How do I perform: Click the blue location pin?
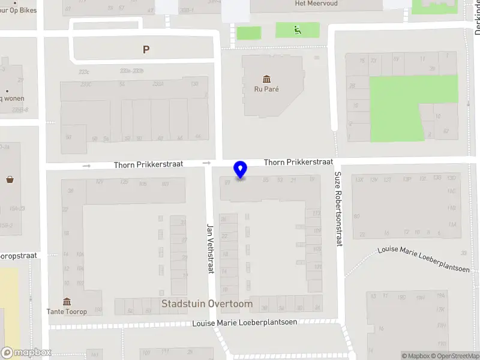pyautogui.click(x=241, y=170)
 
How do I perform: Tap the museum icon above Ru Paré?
pyautogui.click(x=266, y=79)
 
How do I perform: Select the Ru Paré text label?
pyautogui.click(x=266, y=89)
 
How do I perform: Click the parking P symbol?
pyautogui.click(x=146, y=50)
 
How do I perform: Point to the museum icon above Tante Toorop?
pyautogui.click(x=67, y=301)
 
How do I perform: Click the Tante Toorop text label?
pyautogui.click(x=67, y=311)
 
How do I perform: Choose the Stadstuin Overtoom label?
pyautogui.click(x=207, y=304)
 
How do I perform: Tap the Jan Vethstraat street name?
pyautogui.click(x=211, y=248)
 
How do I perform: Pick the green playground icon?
pyautogui.click(x=297, y=29)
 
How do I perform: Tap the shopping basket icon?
pyautogui.click(x=10, y=179)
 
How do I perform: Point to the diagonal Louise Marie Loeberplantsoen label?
pyautogui.click(x=424, y=259)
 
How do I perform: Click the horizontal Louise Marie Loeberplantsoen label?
pyautogui.click(x=245, y=323)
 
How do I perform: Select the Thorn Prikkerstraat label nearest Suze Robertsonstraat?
pyautogui.click(x=298, y=162)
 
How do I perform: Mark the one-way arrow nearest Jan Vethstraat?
pyautogui.click(x=207, y=163)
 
